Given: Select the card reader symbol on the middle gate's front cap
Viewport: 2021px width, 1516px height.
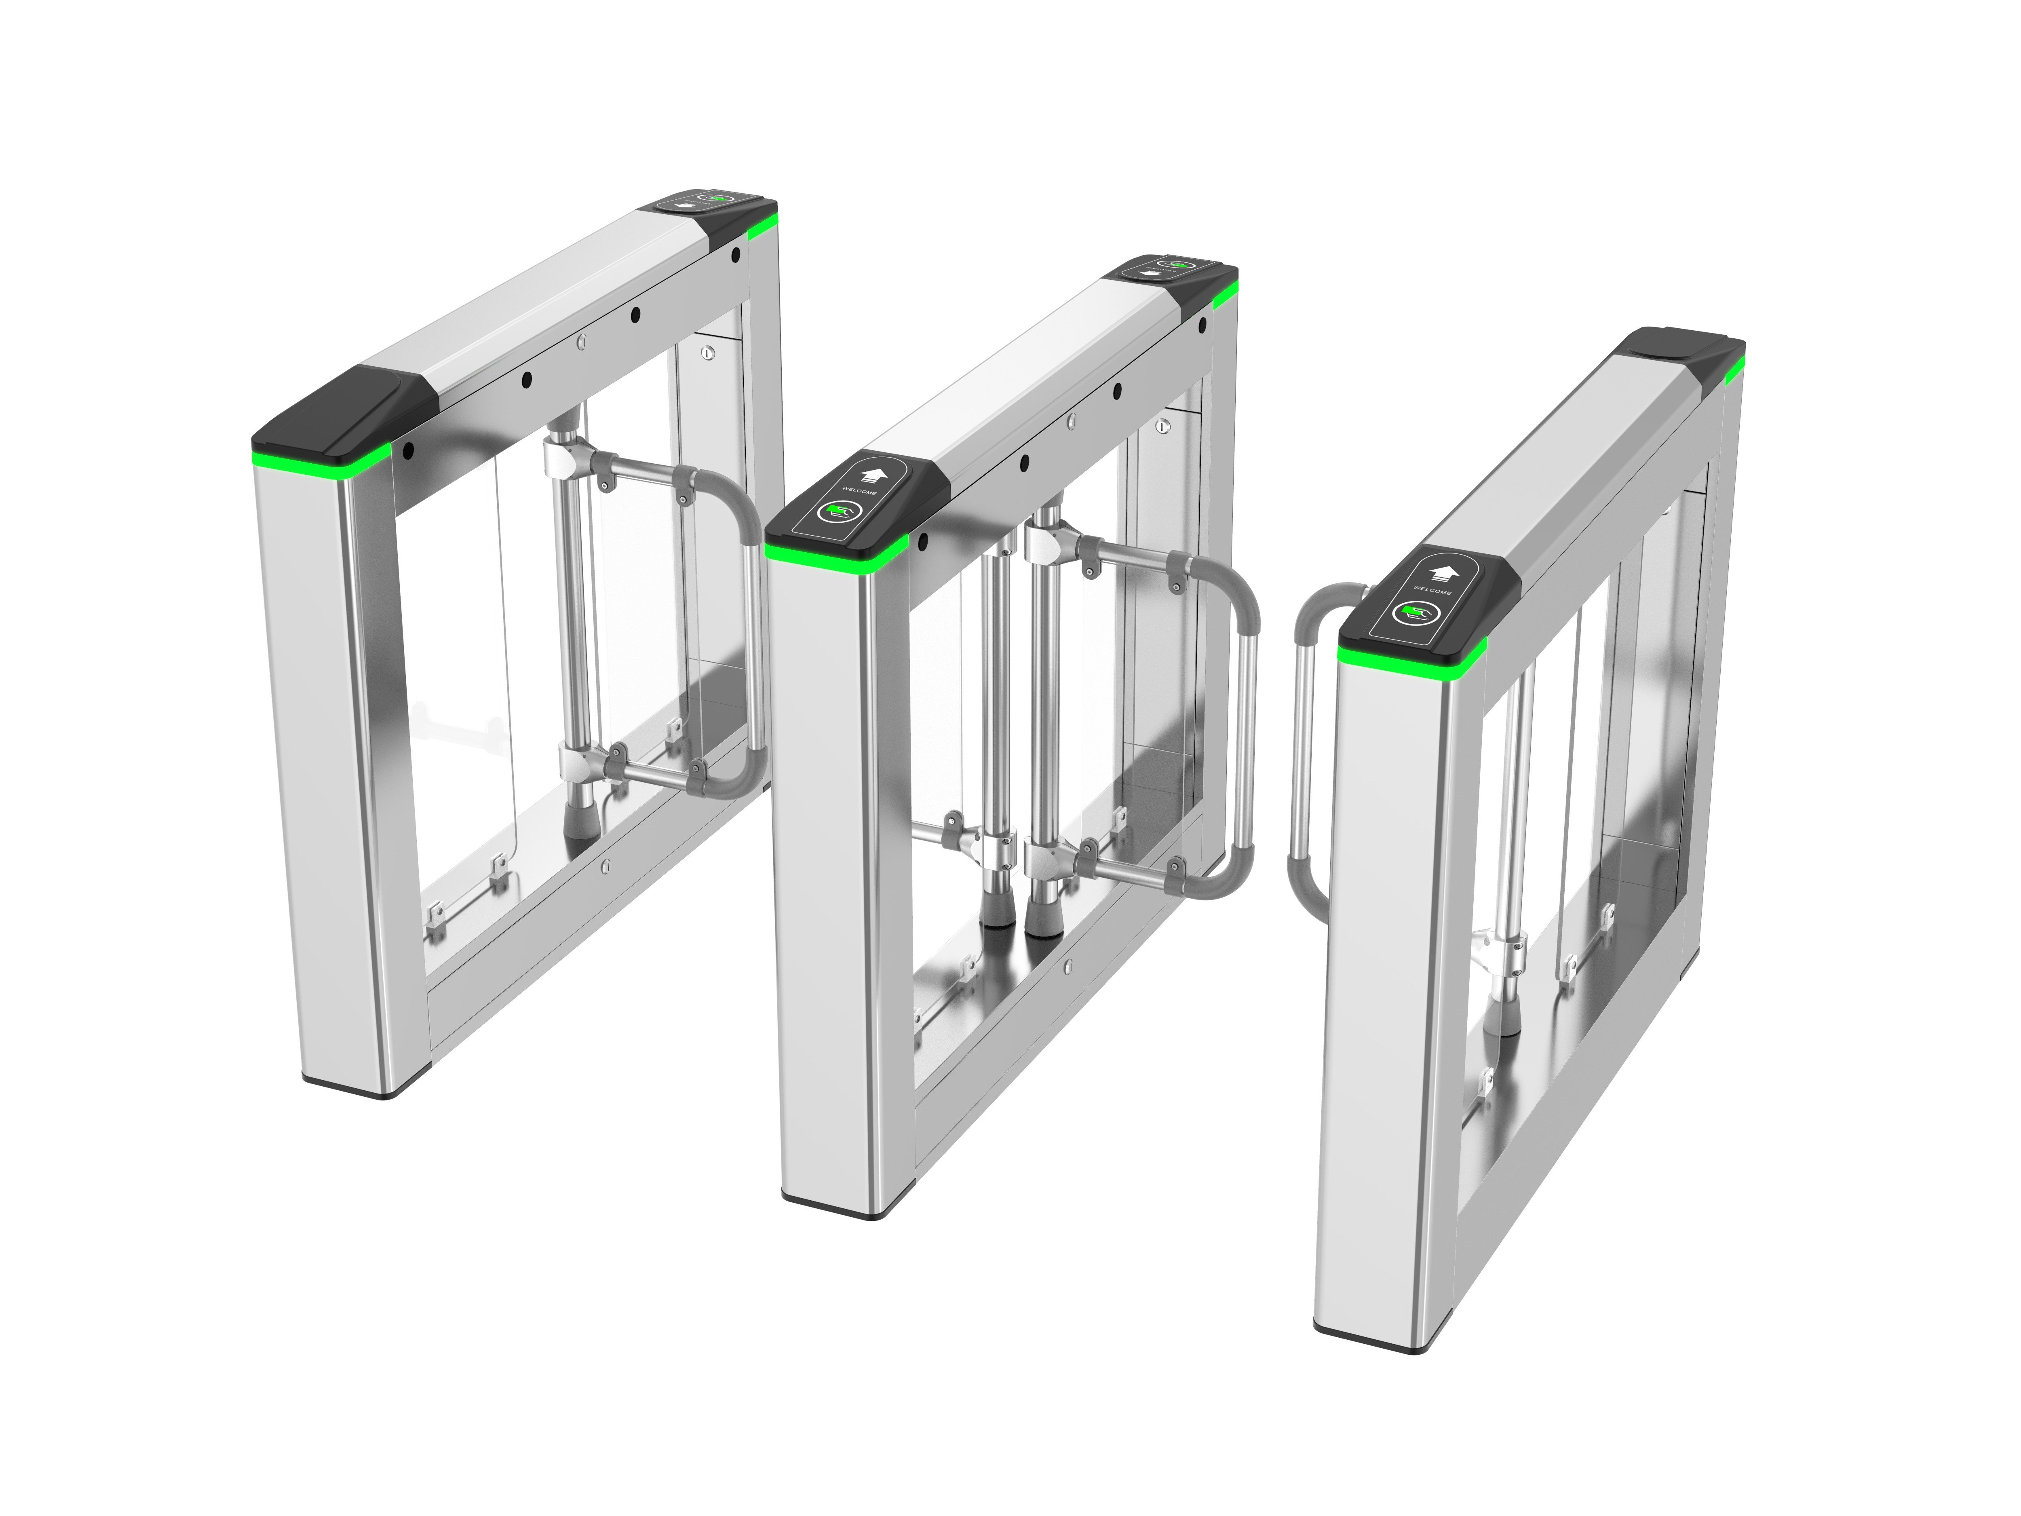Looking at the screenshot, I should point(834,515).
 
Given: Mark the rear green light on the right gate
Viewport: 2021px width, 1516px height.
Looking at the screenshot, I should point(1734,365).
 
